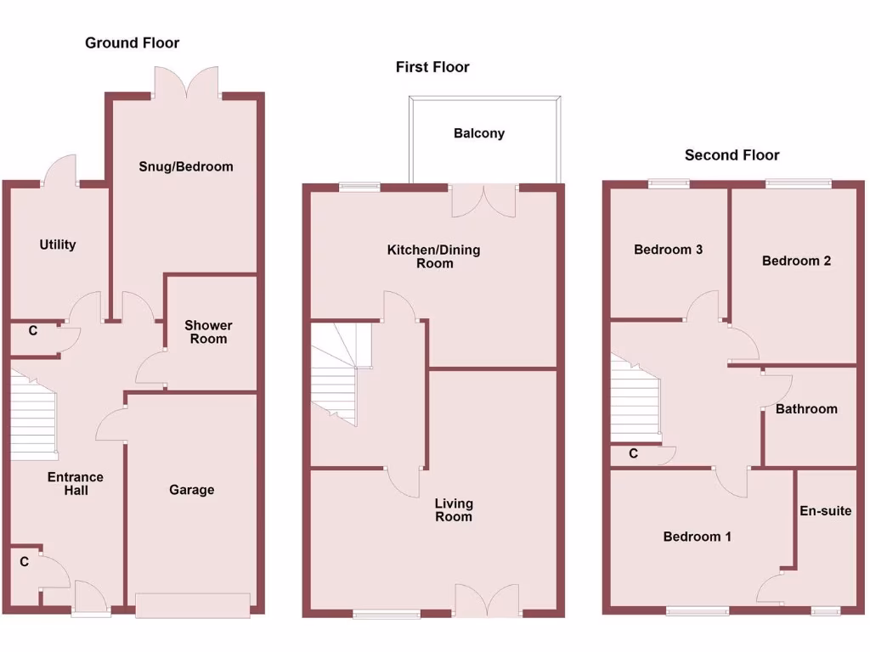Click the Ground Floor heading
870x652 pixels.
tap(132, 43)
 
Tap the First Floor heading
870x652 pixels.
tap(432, 67)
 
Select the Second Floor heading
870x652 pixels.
tap(732, 155)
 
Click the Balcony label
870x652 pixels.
tap(479, 133)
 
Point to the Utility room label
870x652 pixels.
tap(58, 244)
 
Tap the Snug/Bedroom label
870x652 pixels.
tap(186, 166)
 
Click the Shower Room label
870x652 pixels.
tap(208, 332)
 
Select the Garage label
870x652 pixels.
tap(192, 490)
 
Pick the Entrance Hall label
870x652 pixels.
tap(76, 484)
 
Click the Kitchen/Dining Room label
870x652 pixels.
tap(433, 256)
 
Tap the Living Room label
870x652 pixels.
tap(454, 510)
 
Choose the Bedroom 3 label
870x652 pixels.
tap(669, 250)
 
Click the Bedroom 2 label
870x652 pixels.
tap(796, 261)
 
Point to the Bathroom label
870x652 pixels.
tap(806, 409)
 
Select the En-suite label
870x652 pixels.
tap(825, 511)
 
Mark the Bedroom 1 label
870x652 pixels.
tap(697, 537)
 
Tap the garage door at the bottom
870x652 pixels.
tap(192, 605)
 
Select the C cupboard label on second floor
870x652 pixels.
tap(633, 454)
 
